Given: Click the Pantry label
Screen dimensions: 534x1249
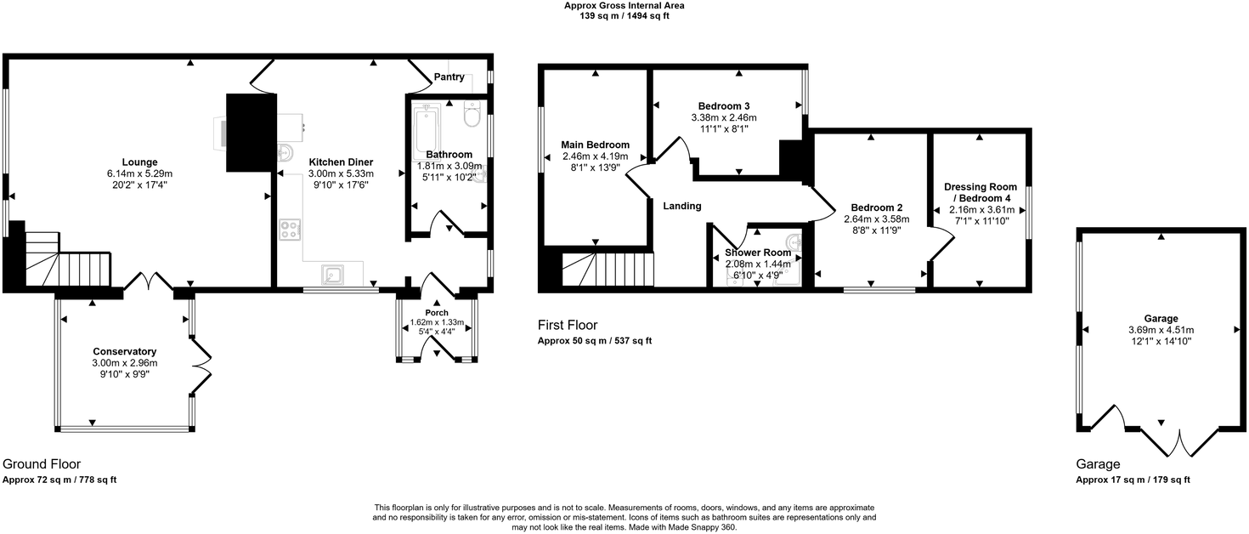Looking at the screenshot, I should pos(449,77).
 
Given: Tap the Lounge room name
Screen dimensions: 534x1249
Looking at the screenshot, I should pos(139,162).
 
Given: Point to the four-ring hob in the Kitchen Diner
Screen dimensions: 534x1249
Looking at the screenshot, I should pos(290,229).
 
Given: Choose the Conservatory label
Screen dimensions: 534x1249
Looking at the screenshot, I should pos(125,351).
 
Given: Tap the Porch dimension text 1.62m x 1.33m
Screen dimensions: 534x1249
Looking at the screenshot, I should pos(437,322).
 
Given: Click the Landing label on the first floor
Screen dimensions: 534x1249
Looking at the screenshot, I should pos(682,206).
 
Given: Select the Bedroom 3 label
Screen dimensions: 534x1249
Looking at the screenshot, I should pos(724,105).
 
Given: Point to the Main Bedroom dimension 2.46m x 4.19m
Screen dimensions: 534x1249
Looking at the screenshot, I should pos(596,156).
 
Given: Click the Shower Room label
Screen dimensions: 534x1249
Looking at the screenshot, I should pos(758,253).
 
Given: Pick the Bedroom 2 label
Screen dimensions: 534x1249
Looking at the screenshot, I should pos(877,207).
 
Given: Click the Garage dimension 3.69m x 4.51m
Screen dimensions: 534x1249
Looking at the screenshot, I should pos(1161,331).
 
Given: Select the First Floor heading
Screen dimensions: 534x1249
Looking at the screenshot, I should pos(568,325).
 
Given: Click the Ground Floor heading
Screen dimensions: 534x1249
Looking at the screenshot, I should pos(42,464).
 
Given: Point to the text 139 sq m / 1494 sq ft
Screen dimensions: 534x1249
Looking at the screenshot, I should pos(624,16).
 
